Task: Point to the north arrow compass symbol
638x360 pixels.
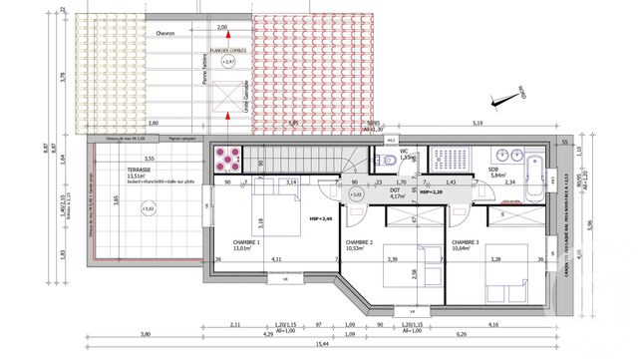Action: click(x=516, y=95)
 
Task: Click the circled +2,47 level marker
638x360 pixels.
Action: click(x=228, y=62)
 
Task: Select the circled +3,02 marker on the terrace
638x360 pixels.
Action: click(x=150, y=209)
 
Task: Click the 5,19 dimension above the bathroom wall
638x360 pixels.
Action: click(x=478, y=123)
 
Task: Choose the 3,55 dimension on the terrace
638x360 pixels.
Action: click(x=149, y=160)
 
